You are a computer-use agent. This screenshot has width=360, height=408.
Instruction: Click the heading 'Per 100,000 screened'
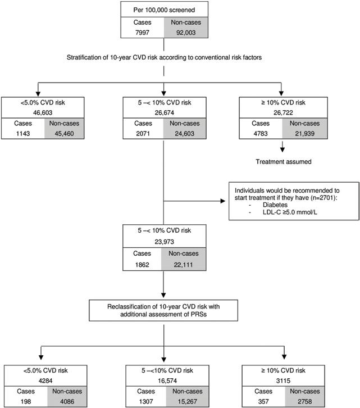(164, 10)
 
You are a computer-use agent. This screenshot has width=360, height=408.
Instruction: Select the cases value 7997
(142, 33)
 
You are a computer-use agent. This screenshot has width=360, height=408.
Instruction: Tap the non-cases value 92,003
(186, 33)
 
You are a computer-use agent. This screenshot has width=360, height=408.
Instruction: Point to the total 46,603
(43, 112)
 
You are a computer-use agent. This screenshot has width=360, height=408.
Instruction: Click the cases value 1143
(23, 134)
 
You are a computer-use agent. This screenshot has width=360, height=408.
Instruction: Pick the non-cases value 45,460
(64, 134)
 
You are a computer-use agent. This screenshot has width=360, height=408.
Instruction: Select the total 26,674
(165, 112)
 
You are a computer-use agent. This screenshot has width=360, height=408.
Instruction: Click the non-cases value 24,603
(184, 134)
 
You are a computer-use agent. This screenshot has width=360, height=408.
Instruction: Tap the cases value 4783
(261, 134)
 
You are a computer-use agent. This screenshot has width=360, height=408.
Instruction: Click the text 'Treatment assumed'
(284, 162)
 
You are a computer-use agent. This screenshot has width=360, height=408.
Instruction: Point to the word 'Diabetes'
(275, 205)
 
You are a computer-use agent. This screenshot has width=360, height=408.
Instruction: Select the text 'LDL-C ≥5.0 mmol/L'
(290, 212)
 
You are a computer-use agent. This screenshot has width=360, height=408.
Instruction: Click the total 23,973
(165, 242)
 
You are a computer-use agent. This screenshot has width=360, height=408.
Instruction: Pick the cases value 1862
(142, 265)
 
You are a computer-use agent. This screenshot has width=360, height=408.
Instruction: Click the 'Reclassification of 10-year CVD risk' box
(163, 310)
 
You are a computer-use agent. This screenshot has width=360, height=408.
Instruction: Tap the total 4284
(45, 380)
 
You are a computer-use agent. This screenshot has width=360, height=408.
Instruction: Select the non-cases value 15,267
(188, 401)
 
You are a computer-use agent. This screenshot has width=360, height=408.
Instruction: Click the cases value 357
(263, 401)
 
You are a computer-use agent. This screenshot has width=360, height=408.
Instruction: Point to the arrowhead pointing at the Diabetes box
(223, 201)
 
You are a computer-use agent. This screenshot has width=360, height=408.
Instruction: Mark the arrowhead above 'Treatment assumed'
(282, 149)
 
